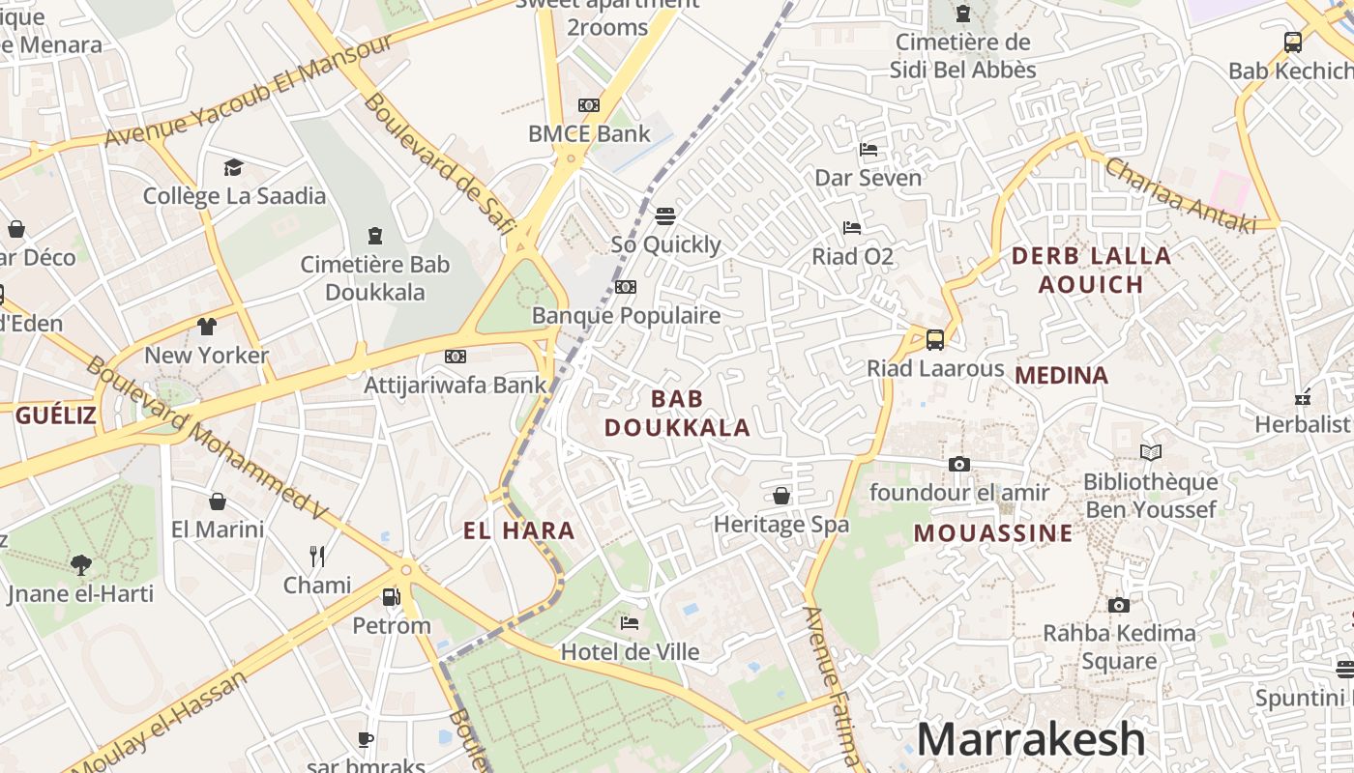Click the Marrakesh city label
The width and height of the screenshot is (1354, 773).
(1030, 740)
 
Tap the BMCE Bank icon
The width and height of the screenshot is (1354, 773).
(588, 105)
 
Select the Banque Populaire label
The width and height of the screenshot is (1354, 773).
(626, 316)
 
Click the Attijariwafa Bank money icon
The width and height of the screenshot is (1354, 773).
(455, 357)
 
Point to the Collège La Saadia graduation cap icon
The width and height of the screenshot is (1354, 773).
(233, 168)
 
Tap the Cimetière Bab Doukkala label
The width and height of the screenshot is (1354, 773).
(374, 278)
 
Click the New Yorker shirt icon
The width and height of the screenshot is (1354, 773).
(207, 327)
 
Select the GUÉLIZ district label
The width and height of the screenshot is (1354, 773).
(56, 415)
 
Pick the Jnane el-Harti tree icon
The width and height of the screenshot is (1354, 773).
(81, 565)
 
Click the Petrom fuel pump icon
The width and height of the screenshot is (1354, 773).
(391, 597)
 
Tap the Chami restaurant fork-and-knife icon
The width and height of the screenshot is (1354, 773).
(316, 556)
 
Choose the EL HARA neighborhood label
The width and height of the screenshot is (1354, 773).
(519, 530)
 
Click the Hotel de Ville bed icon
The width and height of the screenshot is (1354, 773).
(630, 623)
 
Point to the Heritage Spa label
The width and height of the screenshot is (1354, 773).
(780, 525)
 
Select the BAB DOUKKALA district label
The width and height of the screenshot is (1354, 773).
(677, 413)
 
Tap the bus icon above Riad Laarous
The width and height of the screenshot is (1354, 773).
(934, 340)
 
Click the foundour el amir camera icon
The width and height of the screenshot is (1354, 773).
(958, 465)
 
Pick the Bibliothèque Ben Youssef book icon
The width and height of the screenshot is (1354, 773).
(1150, 452)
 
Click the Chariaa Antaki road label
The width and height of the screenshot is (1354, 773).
(1180, 195)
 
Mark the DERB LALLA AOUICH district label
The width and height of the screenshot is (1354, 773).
(1091, 270)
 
